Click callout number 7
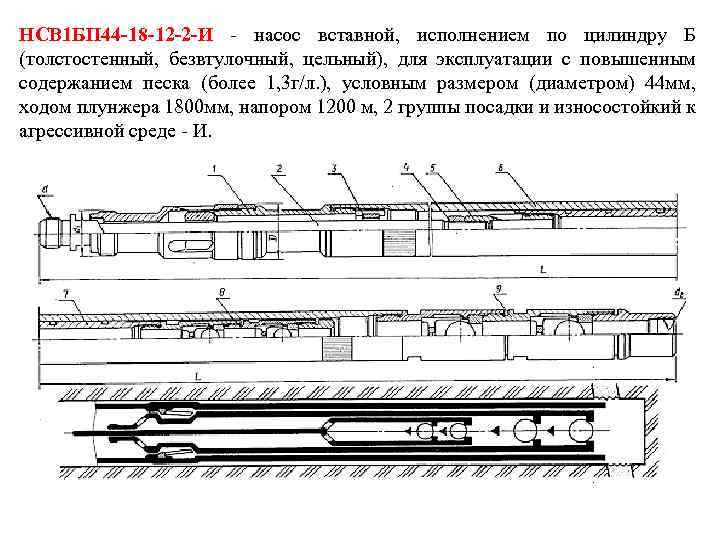pos(64,292)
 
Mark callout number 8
pos(221,292)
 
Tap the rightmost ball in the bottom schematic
pos(577,430)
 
